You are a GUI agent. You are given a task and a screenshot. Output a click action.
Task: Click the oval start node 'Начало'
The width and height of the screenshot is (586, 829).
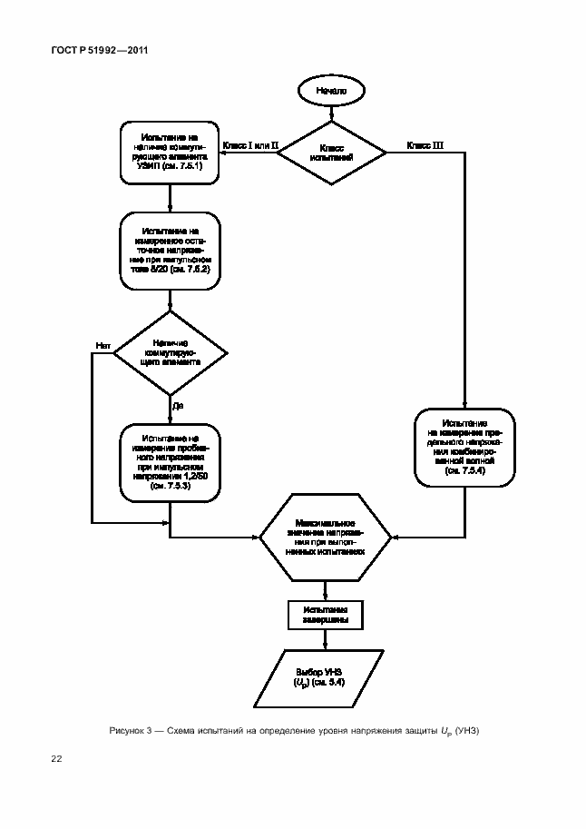click(330, 91)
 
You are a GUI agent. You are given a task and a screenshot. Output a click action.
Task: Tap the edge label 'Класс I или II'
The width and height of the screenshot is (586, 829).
click(249, 145)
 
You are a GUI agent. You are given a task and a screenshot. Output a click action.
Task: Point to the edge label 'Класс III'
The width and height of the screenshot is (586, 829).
click(425, 145)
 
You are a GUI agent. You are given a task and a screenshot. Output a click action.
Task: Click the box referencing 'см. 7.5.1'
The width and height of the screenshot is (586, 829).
click(170, 152)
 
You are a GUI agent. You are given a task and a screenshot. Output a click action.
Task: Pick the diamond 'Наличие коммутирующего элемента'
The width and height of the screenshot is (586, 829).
click(170, 353)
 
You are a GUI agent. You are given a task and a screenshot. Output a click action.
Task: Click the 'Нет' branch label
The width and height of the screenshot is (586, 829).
click(103, 345)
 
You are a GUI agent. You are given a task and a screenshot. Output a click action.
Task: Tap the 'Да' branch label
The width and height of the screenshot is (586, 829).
click(179, 406)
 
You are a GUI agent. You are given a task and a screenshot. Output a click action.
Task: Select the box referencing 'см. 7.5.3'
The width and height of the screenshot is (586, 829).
click(170, 461)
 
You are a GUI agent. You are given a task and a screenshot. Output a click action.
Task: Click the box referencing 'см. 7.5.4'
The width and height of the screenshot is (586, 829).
click(465, 448)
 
